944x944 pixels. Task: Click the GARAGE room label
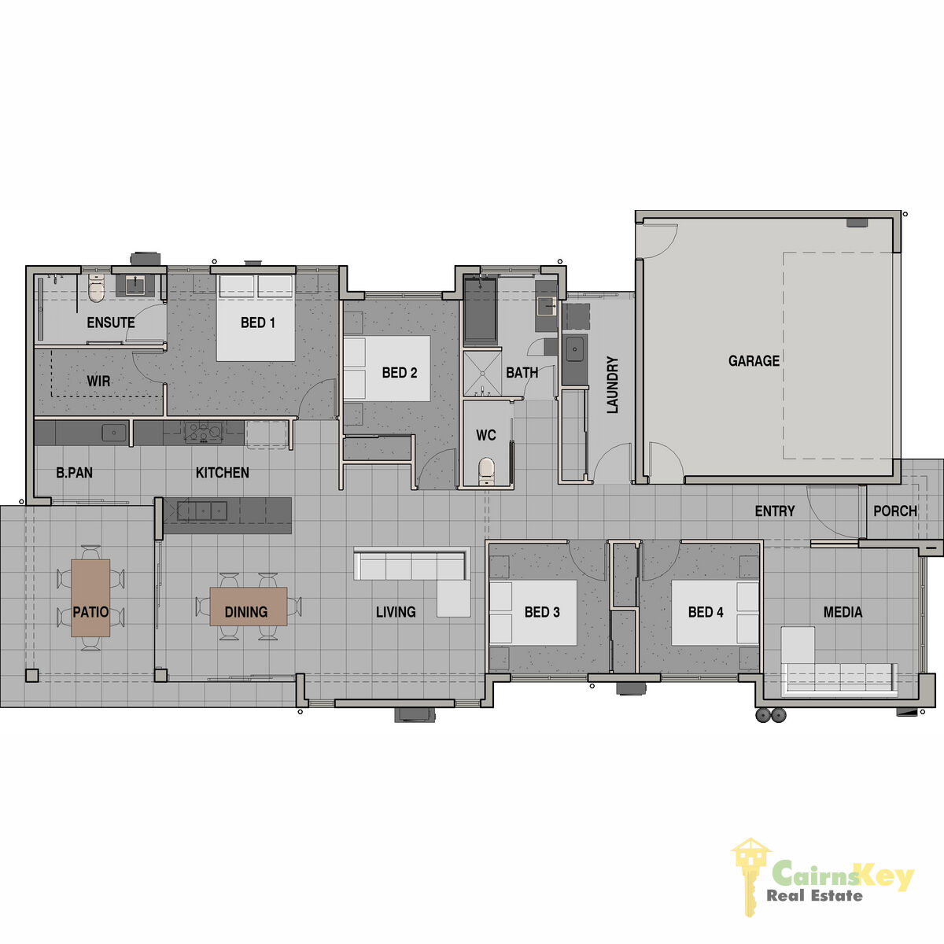(x=754, y=361)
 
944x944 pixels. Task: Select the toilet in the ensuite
(x=96, y=288)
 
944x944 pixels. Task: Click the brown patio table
(x=90, y=598)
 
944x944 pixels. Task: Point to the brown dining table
(x=249, y=607)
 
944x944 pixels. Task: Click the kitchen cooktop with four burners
(x=204, y=432)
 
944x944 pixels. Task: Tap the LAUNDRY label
(x=612, y=385)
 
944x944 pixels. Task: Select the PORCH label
(x=895, y=511)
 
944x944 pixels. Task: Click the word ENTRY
(x=775, y=511)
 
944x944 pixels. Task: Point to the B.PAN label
(x=75, y=473)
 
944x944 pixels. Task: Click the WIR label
(x=98, y=381)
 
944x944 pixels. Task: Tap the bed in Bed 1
(x=256, y=318)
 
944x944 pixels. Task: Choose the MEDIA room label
(x=843, y=612)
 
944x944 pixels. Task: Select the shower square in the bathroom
(x=482, y=373)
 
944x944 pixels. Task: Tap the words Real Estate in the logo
(x=814, y=896)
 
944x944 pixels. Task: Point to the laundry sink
(x=574, y=349)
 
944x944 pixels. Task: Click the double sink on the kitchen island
(x=202, y=511)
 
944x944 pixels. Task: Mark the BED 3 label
(x=542, y=612)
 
